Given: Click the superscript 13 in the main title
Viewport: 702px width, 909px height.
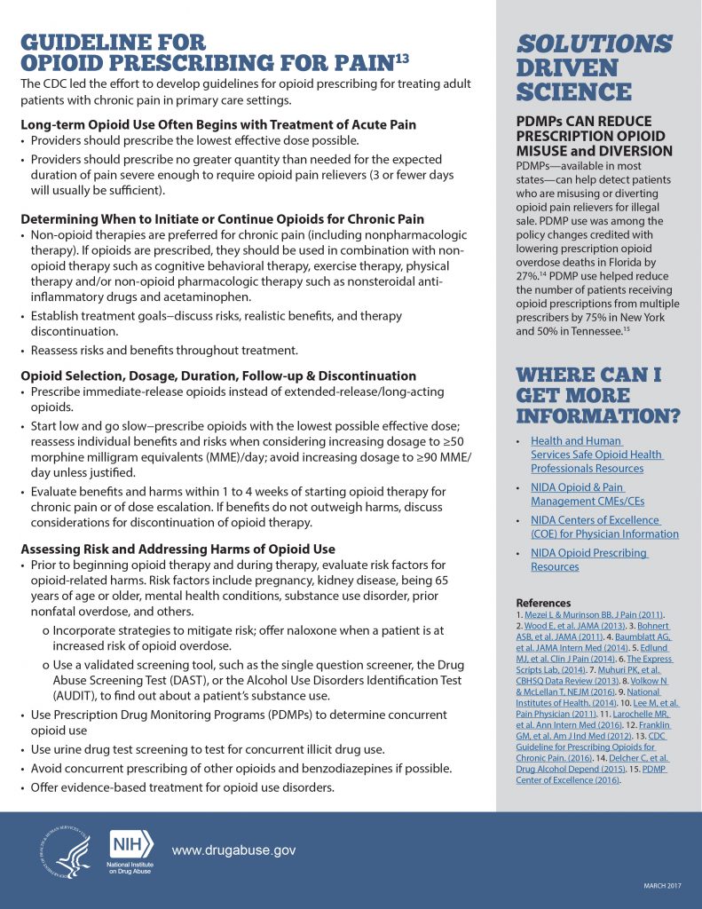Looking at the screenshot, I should coord(402,59).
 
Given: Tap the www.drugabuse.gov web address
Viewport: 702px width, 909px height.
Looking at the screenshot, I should coord(233,850).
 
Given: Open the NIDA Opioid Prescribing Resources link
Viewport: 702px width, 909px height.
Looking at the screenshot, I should coord(588,559).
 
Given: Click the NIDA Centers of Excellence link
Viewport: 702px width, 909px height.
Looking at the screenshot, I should coord(604,526).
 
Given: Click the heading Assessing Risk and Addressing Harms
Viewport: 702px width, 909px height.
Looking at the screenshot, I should coord(177,549).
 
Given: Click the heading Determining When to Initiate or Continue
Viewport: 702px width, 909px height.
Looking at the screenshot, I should coord(221,218).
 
